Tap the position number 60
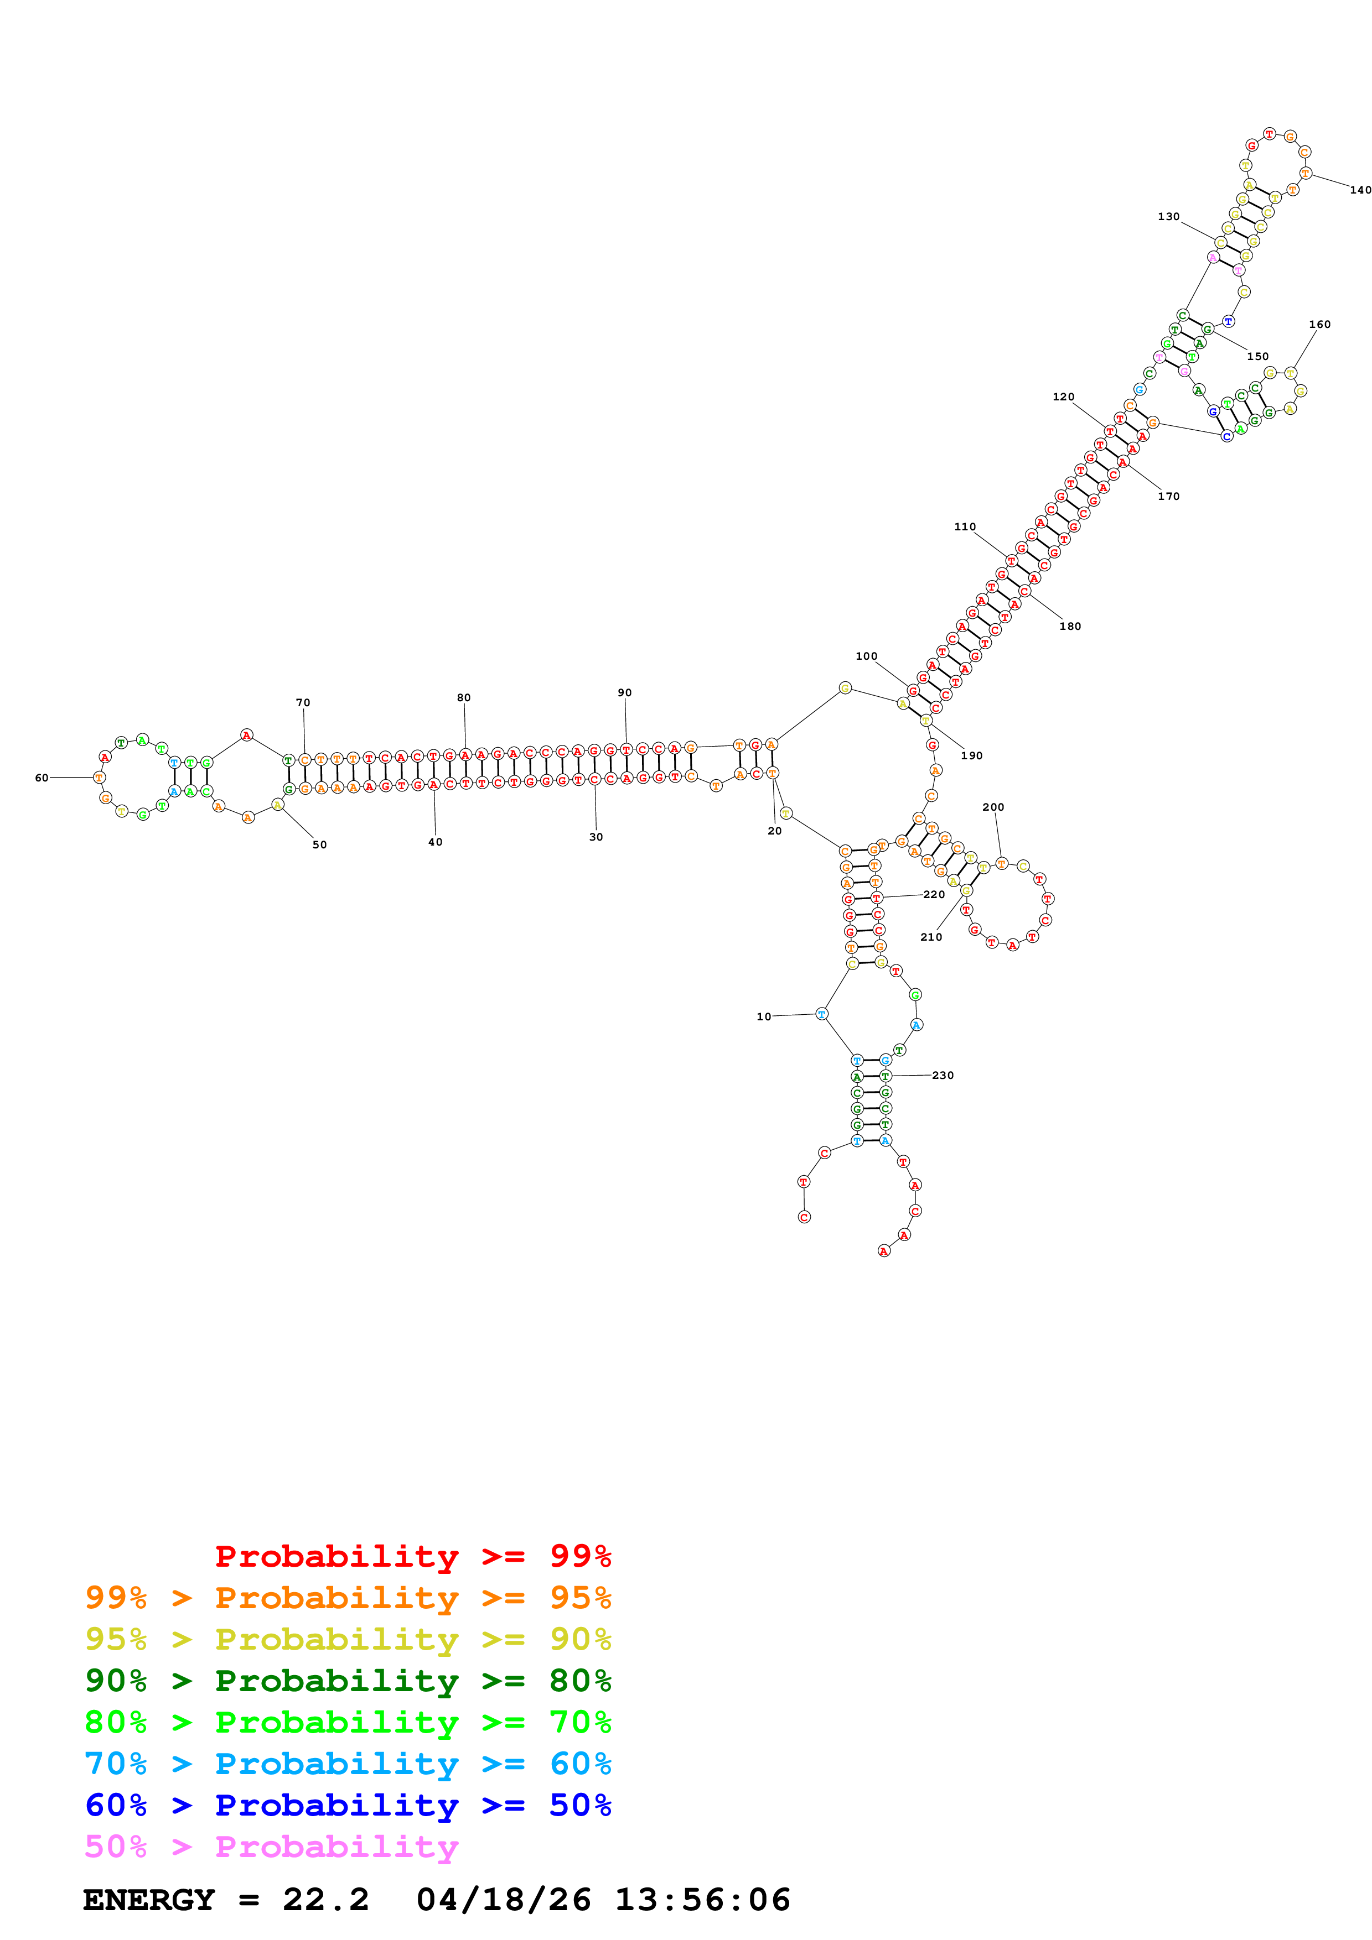click(x=42, y=778)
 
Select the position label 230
click(x=943, y=1075)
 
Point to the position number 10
click(x=763, y=1016)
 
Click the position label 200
click(x=993, y=807)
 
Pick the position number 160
click(x=1319, y=325)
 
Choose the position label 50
click(x=319, y=844)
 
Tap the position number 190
click(x=971, y=755)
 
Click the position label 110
click(x=965, y=526)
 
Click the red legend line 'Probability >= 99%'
click(x=412, y=1556)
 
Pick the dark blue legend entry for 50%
click(x=348, y=1805)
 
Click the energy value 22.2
click(x=325, y=1900)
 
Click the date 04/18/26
click(x=503, y=1900)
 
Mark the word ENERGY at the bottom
click(x=149, y=1900)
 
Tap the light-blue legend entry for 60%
click(x=348, y=1764)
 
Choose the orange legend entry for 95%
click(x=348, y=1597)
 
